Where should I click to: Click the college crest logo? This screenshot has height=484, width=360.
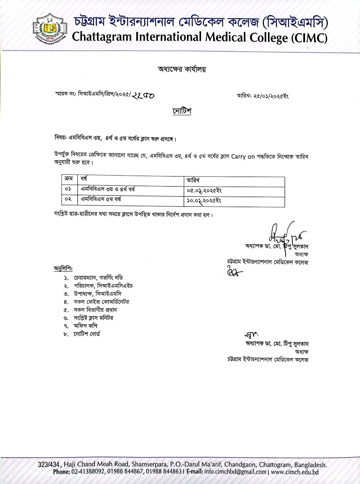pyautogui.click(x=50, y=29)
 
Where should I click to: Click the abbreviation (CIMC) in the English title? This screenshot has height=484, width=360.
pyautogui.click(x=309, y=38)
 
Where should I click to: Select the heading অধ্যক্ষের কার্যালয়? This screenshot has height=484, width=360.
pyautogui.click(x=182, y=69)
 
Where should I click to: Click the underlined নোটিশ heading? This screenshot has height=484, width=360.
pyautogui.click(x=182, y=111)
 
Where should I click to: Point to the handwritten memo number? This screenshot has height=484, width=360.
pyautogui.click(x=143, y=95)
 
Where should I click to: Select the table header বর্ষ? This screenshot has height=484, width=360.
pyautogui.click(x=84, y=179)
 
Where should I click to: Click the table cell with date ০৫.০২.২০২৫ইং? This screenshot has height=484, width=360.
pyautogui.click(x=204, y=191)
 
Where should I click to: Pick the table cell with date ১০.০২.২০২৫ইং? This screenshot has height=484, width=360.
pyautogui.click(x=204, y=201)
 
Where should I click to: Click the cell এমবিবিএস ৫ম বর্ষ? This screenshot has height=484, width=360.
pyautogui.click(x=101, y=199)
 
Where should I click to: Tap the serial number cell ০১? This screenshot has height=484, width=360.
pyautogui.click(x=68, y=189)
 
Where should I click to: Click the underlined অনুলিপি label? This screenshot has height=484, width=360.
pyautogui.click(x=63, y=269)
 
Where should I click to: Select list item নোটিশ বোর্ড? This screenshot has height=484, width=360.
pyautogui.click(x=87, y=334)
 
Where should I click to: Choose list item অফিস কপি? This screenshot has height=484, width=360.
pyautogui.click(x=85, y=326)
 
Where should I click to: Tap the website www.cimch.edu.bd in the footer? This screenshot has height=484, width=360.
pyautogui.click(x=295, y=472)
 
